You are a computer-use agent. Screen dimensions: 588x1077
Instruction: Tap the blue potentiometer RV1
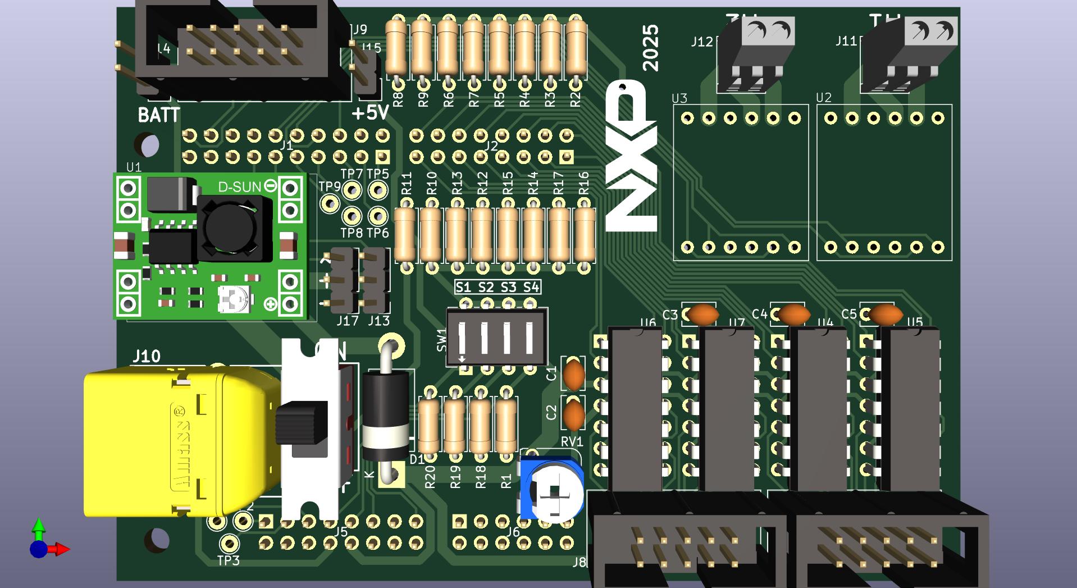tap(552, 489)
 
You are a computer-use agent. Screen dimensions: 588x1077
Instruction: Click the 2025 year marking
tap(651, 48)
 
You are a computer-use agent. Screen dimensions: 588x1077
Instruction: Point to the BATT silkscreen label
tap(159, 115)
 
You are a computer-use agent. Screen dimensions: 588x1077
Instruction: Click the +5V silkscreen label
tap(370, 113)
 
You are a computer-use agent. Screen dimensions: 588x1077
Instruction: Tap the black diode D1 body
tap(385, 415)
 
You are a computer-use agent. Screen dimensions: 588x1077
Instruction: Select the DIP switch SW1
tap(496, 338)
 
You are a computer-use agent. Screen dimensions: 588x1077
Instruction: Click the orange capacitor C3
tap(703, 314)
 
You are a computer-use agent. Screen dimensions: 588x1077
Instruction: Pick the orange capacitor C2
tap(573, 415)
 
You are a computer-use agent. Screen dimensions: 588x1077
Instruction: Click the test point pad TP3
tap(229, 543)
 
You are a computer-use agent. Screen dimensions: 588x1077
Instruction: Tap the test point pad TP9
tap(330, 203)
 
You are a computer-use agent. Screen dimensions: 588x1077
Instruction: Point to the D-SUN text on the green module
tap(239, 186)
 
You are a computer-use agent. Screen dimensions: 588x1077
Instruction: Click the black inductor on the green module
tap(231, 227)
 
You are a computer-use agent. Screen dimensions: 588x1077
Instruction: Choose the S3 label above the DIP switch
tap(508, 288)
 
